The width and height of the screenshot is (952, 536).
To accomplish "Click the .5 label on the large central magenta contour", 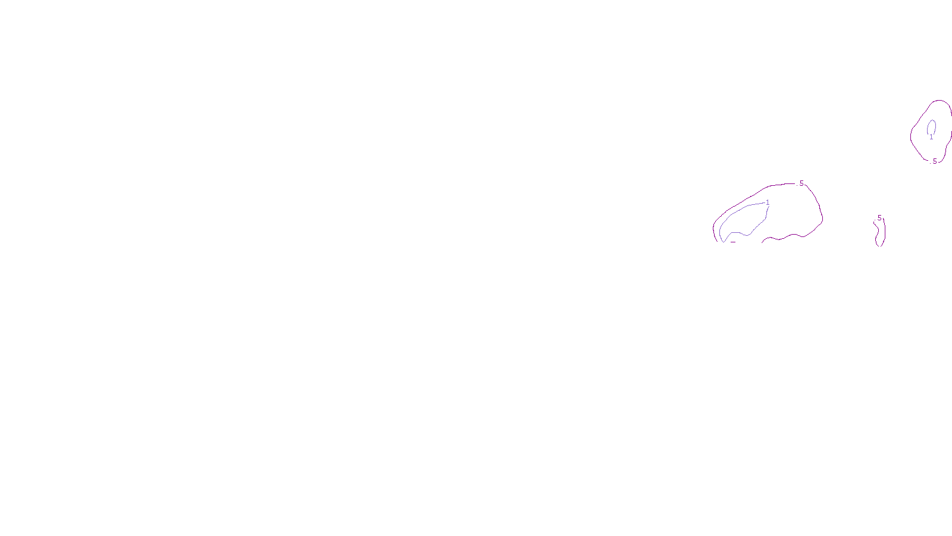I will [801, 183].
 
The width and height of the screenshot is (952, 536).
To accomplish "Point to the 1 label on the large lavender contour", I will [768, 202].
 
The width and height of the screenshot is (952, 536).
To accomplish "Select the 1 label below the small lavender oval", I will [931, 138].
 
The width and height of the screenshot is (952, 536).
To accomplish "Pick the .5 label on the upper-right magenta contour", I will [934, 161].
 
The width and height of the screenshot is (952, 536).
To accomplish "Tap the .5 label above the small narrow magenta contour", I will [879, 218].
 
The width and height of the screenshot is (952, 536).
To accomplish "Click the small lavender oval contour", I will [928, 126].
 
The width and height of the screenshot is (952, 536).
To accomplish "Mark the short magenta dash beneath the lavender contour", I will [733, 242].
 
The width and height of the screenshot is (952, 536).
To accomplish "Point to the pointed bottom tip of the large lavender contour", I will [723, 241].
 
